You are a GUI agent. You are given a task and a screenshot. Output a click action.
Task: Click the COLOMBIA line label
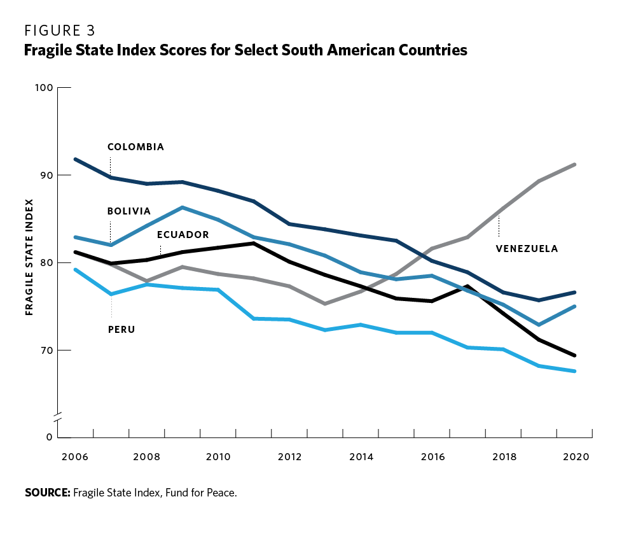[x=135, y=147]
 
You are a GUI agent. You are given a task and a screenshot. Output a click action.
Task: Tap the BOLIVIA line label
[x=129, y=211]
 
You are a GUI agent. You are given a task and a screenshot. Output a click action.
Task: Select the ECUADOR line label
[x=183, y=235]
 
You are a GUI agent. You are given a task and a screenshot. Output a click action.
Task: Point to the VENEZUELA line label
[x=527, y=249]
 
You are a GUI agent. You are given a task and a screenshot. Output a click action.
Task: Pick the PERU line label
[x=121, y=329]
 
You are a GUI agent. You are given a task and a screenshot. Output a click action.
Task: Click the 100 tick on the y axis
[x=43, y=87]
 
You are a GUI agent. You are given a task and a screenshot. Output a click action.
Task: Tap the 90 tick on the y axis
[x=46, y=175]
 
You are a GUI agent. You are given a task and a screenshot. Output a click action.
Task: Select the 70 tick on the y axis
[x=46, y=350]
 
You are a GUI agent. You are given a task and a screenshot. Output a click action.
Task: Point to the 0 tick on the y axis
[x=48, y=437]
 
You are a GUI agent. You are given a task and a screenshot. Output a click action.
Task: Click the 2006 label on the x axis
[x=76, y=457]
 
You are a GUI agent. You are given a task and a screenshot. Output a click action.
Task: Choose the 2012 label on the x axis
[x=289, y=457]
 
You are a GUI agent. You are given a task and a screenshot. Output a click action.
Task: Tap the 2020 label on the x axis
[x=576, y=457]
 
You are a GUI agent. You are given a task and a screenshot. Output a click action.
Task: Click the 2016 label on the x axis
[x=432, y=457]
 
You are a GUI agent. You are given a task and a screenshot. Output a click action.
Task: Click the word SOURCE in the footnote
[x=47, y=493]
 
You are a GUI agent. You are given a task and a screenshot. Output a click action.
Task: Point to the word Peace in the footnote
[x=221, y=493]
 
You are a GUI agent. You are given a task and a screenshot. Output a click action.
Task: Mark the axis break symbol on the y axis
[x=58, y=418]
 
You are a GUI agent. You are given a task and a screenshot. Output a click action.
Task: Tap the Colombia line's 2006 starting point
[x=76, y=159]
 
